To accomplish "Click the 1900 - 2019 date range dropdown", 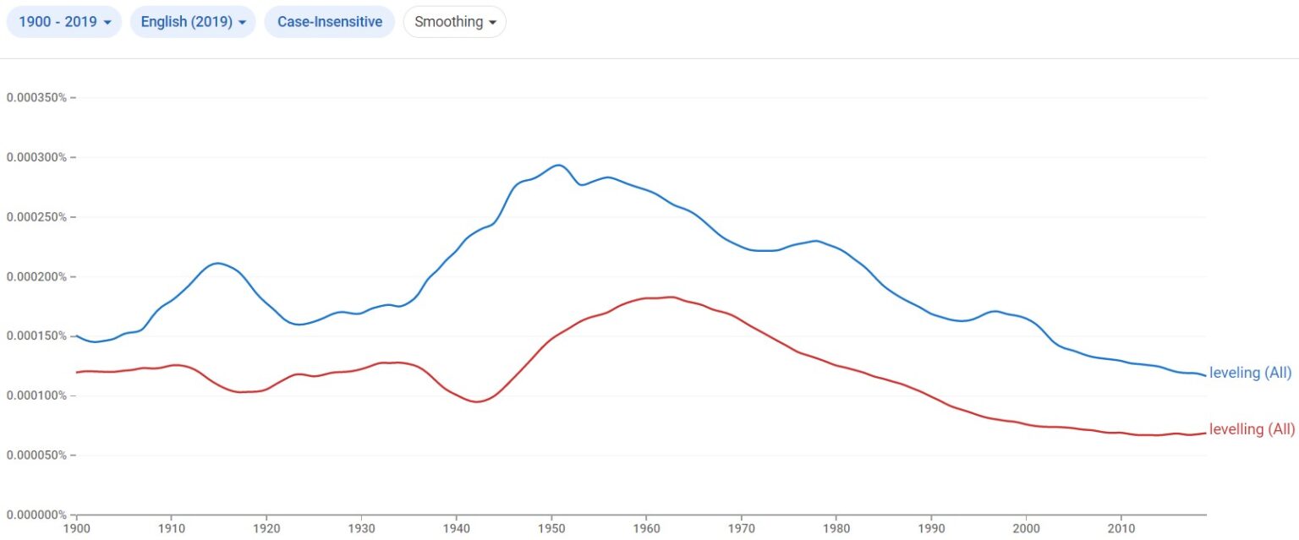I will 64,22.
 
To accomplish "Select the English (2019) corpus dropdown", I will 193,22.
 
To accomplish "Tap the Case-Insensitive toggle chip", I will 330,22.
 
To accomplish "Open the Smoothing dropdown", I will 454,22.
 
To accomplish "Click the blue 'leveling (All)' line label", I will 1251,374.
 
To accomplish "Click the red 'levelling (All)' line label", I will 1252,429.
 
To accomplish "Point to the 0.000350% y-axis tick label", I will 36,98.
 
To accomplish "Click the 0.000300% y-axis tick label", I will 36,158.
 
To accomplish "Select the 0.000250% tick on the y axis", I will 36,217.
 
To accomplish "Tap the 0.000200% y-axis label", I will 36,277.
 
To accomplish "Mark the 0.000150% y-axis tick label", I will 36,336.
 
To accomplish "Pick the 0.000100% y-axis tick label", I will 36,395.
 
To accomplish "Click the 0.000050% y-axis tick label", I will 36,455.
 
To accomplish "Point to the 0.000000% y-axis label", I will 36,515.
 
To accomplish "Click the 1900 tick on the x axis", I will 77,530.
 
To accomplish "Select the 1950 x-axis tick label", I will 551,530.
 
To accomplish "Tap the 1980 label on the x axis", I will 836,530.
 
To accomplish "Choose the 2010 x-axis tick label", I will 1121,530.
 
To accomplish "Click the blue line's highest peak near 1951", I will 557,165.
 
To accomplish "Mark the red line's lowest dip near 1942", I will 476,402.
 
